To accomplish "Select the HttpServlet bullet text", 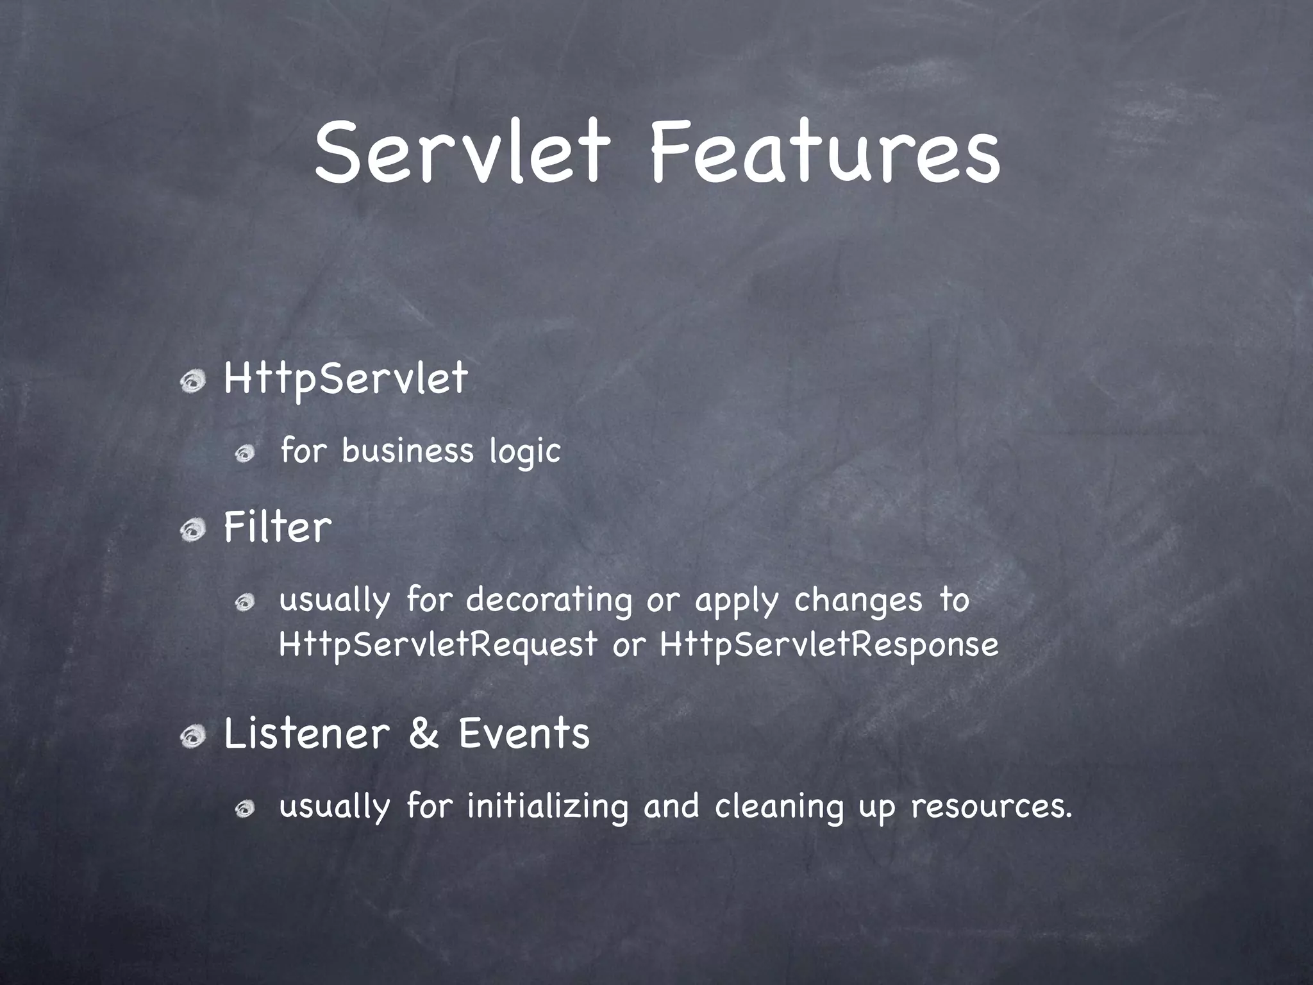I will point(346,379).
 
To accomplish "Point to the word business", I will point(407,450).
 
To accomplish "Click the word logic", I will point(525,451).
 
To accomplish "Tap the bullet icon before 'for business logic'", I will point(245,455).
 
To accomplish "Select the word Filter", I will point(278,528).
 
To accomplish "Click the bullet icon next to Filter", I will point(192,531).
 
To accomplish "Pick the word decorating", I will point(549,601).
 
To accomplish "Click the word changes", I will point(858,601).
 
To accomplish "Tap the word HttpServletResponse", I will point(829,644).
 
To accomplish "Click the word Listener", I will point(307,733).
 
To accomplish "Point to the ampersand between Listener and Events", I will point(424,733).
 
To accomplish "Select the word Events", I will point(524,733).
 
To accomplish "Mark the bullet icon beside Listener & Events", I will point(192,737).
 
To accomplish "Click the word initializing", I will point(548,806).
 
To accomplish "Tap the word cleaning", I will point(779,806).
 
